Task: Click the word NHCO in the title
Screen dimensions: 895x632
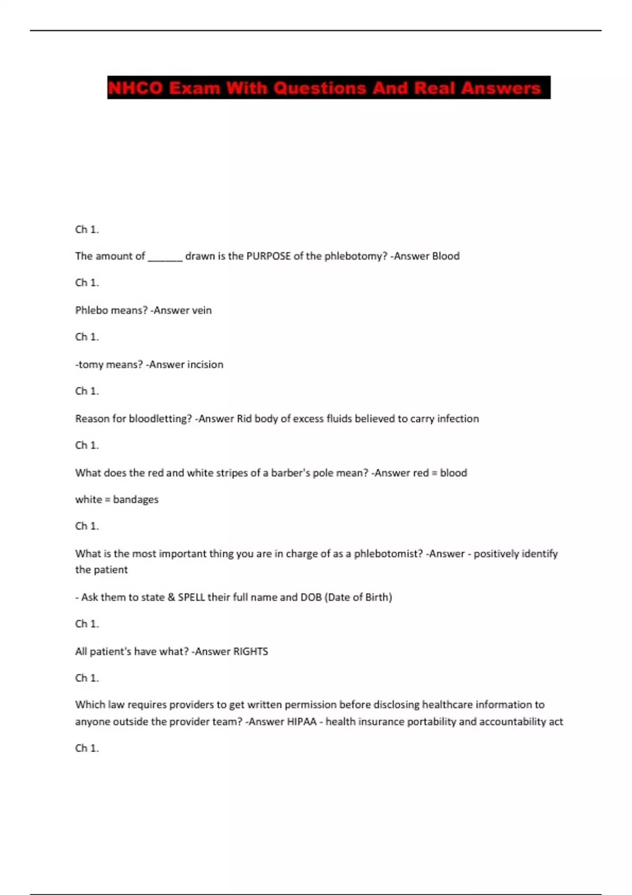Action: [x=135, y=88]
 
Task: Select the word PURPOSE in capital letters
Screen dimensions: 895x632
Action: [x=269, y=256]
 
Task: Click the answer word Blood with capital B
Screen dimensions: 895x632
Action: [x=446, y=256]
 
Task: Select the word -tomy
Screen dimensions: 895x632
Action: [x=90, y=365]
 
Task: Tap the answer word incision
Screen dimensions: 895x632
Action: [x=205, y=365]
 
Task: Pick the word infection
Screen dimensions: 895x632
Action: [x=457, y=419]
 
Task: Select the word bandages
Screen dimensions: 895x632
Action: [x=135, y=500]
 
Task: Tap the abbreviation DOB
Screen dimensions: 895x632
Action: [x=311, y=598]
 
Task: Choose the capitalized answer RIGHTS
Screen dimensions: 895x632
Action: [x=250, y=652]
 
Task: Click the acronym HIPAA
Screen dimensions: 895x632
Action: [x=301, y=722]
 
